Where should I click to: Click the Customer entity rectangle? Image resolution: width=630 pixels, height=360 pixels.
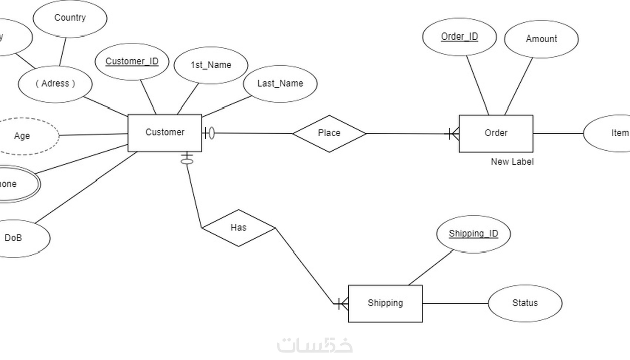tap(165, 132)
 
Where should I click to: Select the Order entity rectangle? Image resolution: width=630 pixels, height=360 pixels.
tap(496, 133)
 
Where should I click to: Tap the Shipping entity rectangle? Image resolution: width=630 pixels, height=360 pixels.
tap(385, 303)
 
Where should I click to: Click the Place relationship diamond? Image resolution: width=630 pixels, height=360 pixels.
tap(329, 133)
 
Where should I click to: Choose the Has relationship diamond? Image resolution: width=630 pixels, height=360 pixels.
tap(238, 228)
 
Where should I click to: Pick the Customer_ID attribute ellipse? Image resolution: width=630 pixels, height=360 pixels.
tap(132, 61)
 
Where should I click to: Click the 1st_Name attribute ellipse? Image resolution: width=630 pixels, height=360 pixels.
tap(210, 65)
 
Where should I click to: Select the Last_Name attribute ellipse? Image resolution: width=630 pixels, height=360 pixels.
tap(280, 84)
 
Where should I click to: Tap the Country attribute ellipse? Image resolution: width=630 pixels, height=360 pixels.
tap(70, 18)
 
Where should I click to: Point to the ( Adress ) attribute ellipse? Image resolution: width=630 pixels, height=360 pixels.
tap(55, 84)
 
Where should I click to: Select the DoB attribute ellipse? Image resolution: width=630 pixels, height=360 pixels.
tap(19, 238)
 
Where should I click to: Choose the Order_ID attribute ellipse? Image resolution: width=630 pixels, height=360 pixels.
tap(459, 37)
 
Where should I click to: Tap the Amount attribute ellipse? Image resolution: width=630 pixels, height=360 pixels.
tap(541, 39)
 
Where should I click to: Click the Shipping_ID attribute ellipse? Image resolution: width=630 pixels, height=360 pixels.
tap(473, 234)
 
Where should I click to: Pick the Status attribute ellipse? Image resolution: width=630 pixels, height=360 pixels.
tap(525, 303)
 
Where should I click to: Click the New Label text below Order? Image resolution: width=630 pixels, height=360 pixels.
tap(512, 162)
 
